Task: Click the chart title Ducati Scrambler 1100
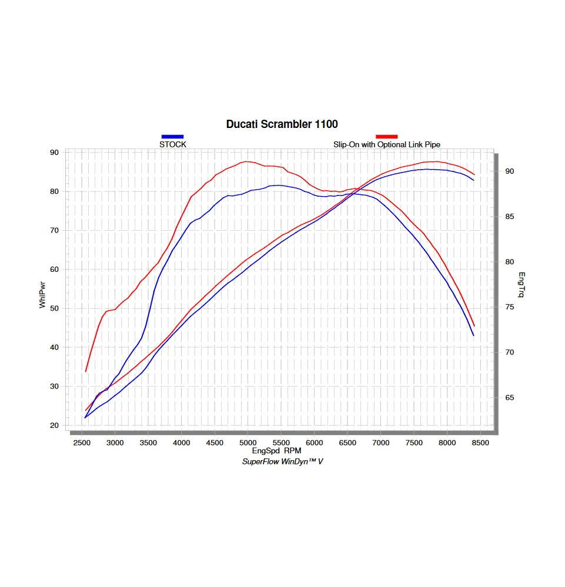click(x=282, y=124)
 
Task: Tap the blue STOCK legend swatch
click(x=173, y=137)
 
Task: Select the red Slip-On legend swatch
click(x=386, y=137)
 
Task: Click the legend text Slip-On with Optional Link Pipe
click(x=386, y=144)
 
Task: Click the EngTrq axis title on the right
click(x=521, y=285)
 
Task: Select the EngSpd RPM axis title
click(x=276, y=451)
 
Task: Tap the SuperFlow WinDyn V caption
click(x=283, y=461)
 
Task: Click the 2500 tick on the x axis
click(x=82, y=442)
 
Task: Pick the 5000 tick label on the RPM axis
click(x=248, y=442)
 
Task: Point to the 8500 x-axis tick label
click(x=480, y=442)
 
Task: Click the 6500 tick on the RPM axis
click(x=347, y=442)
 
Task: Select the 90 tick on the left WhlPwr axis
click(x=55, y=153)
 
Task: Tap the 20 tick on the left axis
click(x=55, y=426)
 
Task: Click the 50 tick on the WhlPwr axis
click(x=55, y=308)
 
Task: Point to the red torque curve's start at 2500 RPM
click(x=86, y=371)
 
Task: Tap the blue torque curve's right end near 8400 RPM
click(x=473, y=335)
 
